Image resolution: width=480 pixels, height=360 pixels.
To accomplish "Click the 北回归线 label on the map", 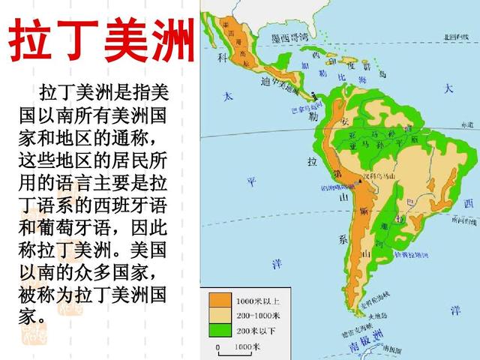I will point(458,35).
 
